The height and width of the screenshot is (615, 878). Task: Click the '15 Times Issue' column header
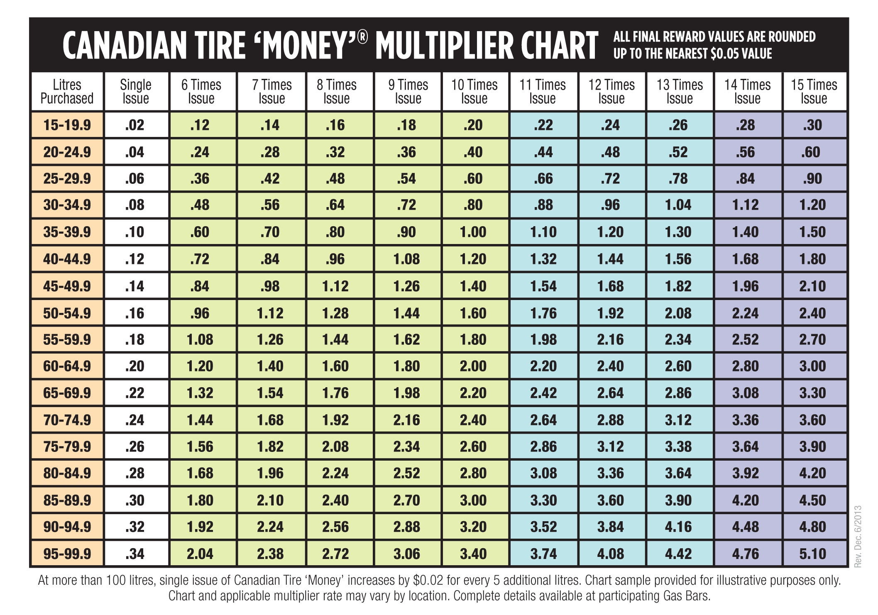point(814,92)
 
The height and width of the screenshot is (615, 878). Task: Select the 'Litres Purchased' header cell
point(67,92)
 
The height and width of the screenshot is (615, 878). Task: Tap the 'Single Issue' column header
point(136,92)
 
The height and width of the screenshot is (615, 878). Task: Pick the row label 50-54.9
point(67,313)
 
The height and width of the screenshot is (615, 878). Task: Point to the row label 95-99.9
point(67,554)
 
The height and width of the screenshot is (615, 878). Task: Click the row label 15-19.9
point(67,125)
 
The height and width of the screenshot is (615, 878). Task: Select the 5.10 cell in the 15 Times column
point(812,554)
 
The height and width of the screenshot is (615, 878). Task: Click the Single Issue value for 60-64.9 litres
point(135,366)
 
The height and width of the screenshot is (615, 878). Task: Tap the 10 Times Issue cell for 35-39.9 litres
point(473,232)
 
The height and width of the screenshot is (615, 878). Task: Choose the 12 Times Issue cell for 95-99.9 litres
point(610,554)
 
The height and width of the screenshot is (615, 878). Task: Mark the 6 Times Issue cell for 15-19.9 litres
point(200,125)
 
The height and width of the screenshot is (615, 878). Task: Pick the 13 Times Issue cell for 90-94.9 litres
point(678,527)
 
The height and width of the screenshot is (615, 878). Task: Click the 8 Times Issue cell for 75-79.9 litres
point(335,447)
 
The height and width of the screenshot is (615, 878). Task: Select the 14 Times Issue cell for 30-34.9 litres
point(746,205)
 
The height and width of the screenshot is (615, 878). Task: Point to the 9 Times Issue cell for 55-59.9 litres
point(406,339)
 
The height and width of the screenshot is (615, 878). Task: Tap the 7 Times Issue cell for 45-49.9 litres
point(270,286)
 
